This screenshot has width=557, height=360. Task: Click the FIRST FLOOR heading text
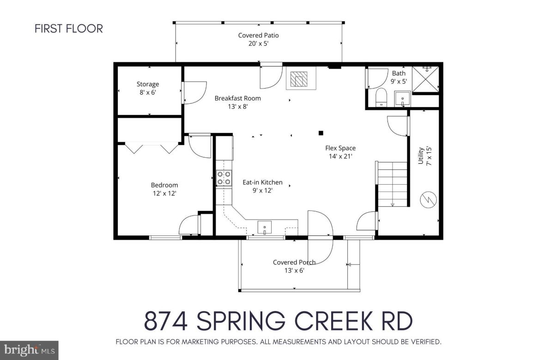coord(69,29)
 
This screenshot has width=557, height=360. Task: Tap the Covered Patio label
coord(258,39)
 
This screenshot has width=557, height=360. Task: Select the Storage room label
coord(147,88)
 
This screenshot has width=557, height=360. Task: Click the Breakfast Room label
coord(237,102)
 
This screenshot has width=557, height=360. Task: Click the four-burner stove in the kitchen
coord(224,178)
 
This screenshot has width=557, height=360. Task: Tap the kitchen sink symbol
coord(265,228)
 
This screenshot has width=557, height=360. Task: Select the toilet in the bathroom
coord(381,97)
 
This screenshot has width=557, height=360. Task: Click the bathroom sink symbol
coord(402,99)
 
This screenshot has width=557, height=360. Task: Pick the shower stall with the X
coord(424,79)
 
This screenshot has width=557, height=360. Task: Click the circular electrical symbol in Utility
coord(428,199)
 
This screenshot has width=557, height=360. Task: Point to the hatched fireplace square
coord(301,79)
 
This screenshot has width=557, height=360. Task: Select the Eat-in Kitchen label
coord(262,186)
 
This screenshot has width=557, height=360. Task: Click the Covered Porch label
coord(294,266)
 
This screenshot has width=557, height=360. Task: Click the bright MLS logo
coord(29,350)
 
